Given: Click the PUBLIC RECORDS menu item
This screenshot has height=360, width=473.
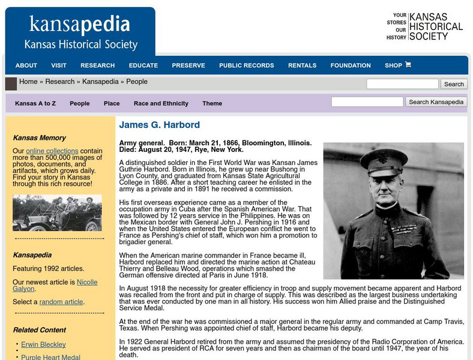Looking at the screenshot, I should point(246,65).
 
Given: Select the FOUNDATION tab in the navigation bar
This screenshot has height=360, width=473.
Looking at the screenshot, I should point(351,65).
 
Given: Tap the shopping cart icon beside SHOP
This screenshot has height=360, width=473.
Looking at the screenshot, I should point(408,65).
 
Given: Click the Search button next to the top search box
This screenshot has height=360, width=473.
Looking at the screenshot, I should point(453,84).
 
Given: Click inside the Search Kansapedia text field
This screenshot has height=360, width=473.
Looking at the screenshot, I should point(367,102).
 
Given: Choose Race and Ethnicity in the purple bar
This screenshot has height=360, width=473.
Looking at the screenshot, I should point(161,103).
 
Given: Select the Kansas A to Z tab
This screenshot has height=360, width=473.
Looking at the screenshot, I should point(35,103).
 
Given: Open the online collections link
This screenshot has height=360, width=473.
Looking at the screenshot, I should point(52,151).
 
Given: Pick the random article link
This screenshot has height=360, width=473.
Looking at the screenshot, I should point(61,302).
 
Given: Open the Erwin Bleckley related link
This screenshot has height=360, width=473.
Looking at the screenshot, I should point(43,344).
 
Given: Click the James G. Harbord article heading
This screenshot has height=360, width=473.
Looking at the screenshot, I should point(160,125).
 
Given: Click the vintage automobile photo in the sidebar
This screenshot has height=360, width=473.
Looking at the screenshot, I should point(57,213).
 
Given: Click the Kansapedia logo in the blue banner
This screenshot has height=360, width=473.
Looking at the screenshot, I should point(80,25).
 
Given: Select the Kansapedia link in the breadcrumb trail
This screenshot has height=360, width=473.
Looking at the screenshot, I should point(100,82).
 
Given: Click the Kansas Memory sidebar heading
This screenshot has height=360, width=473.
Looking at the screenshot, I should point(40,137).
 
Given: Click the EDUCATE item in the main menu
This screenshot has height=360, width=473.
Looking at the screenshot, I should point(143,65).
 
